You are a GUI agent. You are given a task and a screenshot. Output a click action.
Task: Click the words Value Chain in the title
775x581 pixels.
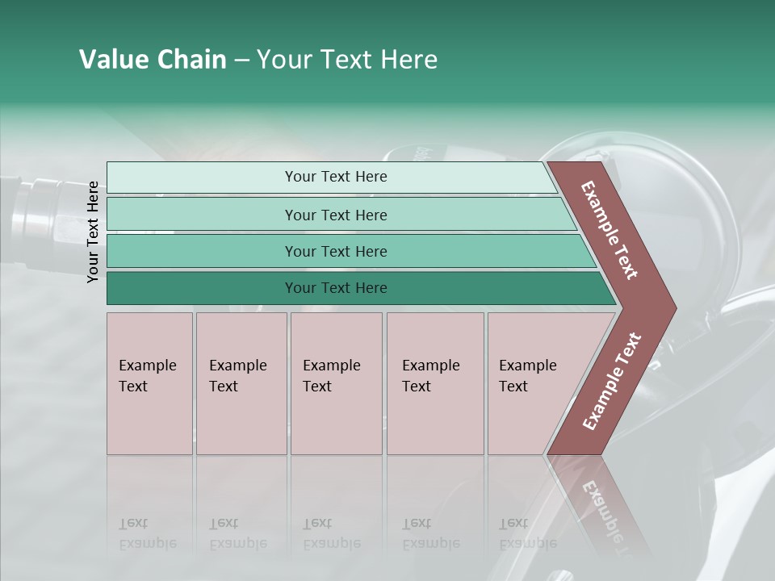tap(153, 60)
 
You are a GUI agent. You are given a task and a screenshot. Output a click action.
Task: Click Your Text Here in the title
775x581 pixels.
tap(347, 60)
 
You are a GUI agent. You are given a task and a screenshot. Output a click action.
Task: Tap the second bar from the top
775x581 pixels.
tap(336, 215)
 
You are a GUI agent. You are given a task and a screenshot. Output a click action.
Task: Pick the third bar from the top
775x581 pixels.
tap(336, 251)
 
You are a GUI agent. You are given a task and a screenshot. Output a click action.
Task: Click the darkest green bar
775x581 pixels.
tap(336, 288)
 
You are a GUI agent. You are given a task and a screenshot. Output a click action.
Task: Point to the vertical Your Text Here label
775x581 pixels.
tap(93, 232)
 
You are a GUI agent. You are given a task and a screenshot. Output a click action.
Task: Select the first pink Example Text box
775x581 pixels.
tap(149, 383)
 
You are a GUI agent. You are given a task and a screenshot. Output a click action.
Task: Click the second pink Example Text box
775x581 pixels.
tap(241, 383)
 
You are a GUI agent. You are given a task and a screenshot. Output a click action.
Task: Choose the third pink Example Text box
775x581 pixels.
tap(335, 383)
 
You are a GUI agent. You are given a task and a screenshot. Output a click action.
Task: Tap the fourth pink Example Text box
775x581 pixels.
tap(434, 383)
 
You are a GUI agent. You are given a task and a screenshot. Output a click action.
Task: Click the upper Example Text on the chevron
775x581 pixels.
tap(610, 231)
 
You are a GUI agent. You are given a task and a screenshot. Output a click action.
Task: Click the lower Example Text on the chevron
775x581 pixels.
tap(612, 381)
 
